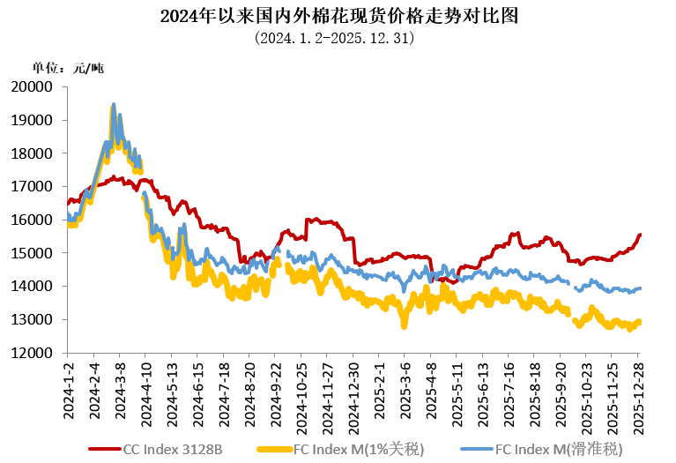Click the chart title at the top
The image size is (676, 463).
point(338,16)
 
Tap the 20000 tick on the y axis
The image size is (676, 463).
point(35,86)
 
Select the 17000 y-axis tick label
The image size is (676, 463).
point(35,186)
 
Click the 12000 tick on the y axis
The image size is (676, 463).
point(35,353)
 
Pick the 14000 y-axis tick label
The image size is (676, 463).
point(35,286)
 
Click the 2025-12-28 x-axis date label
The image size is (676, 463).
point(638,389)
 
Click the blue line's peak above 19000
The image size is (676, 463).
point(114,105)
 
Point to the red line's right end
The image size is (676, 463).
point(640,234)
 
